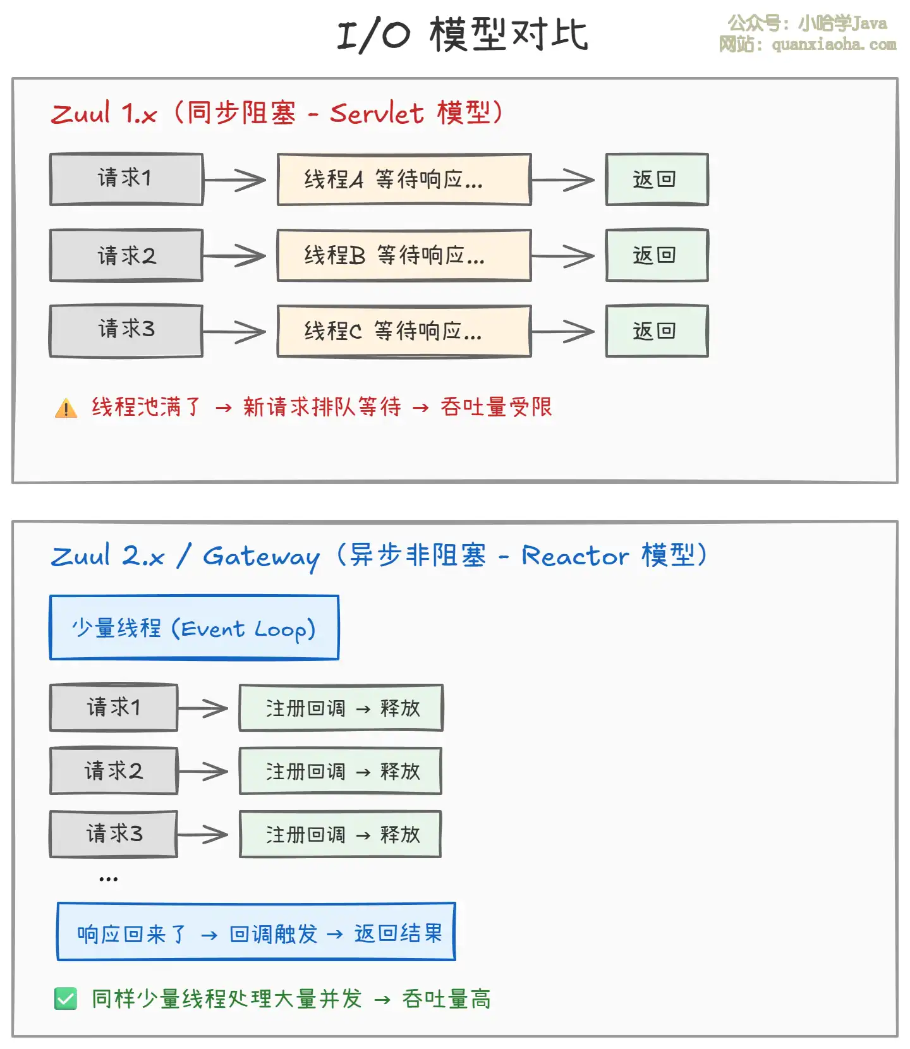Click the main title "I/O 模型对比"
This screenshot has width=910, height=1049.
(x=463, y=34)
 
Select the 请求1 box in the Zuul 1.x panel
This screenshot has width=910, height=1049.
(x=126, y=179)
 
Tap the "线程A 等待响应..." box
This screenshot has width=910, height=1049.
(x=404, y=179)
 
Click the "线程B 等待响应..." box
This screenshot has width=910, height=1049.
(x=404, y=255)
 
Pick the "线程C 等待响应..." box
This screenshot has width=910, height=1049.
(x=404, y=331)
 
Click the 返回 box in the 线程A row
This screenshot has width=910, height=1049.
(x=657, y=179)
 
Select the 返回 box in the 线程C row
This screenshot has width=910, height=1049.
(x=657, y=331)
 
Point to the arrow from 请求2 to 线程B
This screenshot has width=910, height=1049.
(x=234, y=256)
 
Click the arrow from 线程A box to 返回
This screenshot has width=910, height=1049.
(x=563, y=180)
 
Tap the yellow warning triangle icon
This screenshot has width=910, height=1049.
(x=66, y=408)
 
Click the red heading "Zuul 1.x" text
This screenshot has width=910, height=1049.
(x=104, y=114)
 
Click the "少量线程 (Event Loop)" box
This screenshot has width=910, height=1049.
(x=194, y=628)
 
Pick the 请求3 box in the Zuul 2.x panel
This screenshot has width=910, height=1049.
(x=114, y=834)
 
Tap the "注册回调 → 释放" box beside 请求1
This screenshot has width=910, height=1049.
(x=341, y=708)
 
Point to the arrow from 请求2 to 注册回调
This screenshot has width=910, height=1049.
(x=203, y=771)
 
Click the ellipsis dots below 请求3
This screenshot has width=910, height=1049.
(x=108, y=878)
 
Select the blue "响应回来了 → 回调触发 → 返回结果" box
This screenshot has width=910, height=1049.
(x=256, y=932)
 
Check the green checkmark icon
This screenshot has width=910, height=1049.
(x=66, y=998)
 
